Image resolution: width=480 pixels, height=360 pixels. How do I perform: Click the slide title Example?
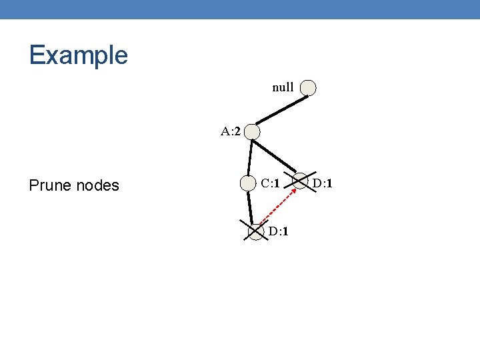tap(78, 55)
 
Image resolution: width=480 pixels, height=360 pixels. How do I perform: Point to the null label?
tap(283, 87)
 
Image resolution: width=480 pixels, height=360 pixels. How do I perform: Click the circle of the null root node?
tap(308, 88)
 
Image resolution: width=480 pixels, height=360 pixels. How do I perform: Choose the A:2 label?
tap(231, 131)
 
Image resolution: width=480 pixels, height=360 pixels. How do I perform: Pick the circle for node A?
tap(252, 132)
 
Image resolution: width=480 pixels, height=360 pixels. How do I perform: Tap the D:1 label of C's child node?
tap(278, 231)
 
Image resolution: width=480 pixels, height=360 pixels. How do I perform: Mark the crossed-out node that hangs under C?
tap(256, 231)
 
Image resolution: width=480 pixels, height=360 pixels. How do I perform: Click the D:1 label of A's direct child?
tap(323, 183)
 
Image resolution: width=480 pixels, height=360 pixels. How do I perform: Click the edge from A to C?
tap(250, 157)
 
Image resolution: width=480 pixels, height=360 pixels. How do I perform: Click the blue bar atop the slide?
tap(240, 9)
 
